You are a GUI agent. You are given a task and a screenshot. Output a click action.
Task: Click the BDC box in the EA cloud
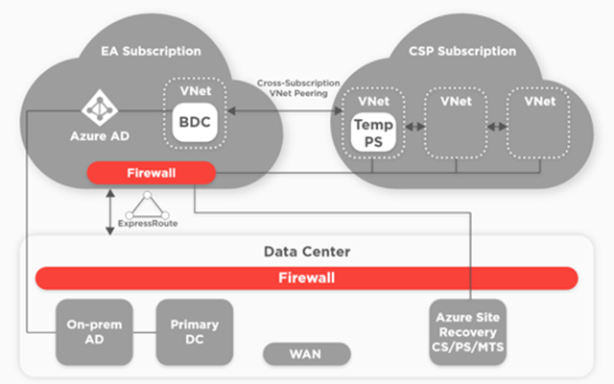195,122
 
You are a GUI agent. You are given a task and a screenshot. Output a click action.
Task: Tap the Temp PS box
373,132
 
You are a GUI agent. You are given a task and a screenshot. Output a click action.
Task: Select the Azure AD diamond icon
100,108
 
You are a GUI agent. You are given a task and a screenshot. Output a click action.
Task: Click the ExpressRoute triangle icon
147,205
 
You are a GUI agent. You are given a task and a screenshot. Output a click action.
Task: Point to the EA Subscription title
151,51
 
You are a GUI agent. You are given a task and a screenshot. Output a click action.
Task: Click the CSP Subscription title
462,51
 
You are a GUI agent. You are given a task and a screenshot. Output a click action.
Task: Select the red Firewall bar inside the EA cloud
152,173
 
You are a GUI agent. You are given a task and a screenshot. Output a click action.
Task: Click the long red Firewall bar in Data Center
307,277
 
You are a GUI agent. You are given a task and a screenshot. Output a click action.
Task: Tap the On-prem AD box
94,332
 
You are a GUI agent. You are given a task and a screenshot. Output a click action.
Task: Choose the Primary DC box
195,332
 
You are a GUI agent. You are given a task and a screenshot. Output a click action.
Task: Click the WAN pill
307,354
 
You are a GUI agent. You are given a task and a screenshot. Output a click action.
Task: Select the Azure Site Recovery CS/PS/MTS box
468,332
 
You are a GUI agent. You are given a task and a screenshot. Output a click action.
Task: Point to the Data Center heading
307,252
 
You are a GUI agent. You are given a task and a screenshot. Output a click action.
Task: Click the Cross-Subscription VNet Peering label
298,88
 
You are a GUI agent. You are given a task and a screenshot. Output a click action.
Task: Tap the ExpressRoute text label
148,224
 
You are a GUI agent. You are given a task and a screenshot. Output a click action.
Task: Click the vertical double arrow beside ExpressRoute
110,212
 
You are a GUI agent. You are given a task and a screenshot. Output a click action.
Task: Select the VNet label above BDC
196,91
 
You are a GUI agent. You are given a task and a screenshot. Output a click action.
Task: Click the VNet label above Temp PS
373,101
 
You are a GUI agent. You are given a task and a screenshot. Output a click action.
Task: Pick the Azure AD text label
100,136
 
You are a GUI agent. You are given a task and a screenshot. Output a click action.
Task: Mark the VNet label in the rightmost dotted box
539,101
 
